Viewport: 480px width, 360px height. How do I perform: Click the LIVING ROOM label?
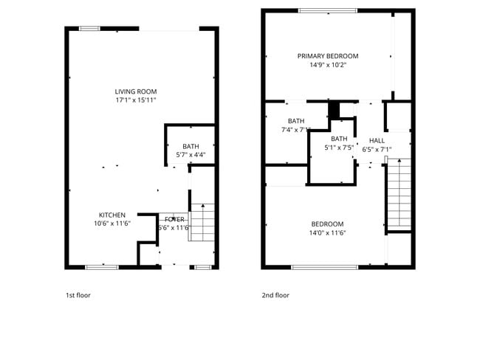click(x=136, y=91)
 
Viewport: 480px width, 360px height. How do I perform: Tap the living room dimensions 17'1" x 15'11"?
click(x=136, y=100)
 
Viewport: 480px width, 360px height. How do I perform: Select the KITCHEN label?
click(x=112, y=215)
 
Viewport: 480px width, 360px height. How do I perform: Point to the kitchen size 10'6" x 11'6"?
click(x=112, y=224)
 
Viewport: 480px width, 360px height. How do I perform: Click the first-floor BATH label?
click(x=191, y=146)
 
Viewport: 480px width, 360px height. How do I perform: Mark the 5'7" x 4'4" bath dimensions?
click(x=191, y=155)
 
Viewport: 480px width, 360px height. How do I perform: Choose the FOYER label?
click(x=175, y=219)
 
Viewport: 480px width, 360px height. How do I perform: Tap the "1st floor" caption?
click(x=78, y=295)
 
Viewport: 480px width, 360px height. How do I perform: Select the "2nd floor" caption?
click(x=275, y=295)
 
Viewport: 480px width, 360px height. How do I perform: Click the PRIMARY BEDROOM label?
click(x=328, y=56)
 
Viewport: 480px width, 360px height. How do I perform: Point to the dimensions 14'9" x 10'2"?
click(x=328, y=65)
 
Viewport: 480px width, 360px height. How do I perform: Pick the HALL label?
click(x=377, y=140)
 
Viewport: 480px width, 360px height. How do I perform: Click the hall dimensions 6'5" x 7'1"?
click(x=377, y=149)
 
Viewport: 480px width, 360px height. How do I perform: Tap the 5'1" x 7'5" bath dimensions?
click(x=339, y=148)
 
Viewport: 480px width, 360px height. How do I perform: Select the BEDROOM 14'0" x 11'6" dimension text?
click(x=327, y=233)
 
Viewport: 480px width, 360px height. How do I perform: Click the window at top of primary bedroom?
click(x=329, y=10)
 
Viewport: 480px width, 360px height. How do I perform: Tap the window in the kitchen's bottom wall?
click(x=102, y=266)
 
